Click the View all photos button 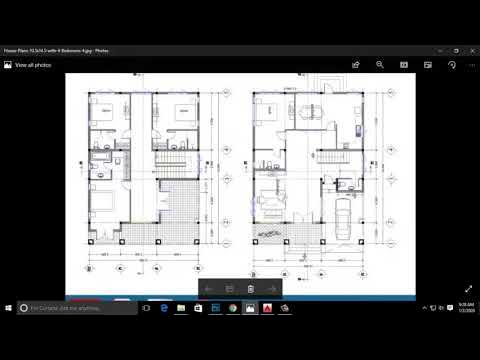[29, 64]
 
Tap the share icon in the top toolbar [355, 64]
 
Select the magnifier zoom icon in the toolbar [380, 64]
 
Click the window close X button [468, 48]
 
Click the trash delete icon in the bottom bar [250, 289]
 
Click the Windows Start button [9, 309]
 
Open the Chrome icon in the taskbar [231, 309]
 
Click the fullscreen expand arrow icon [468, 288]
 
